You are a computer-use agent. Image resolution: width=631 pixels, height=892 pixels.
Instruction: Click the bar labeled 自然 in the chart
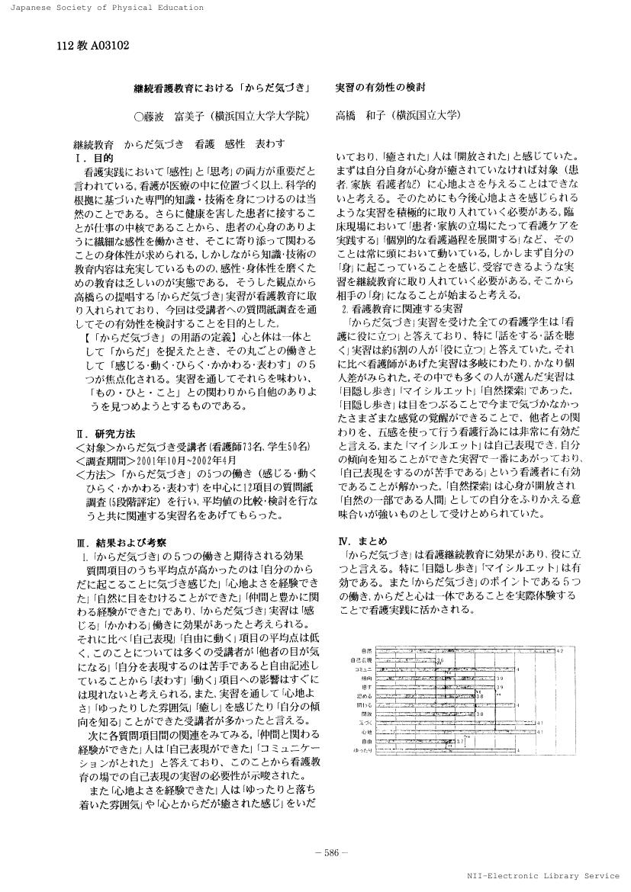(x=465, y=650)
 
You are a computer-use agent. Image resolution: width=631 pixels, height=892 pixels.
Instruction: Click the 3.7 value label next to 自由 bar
(x=460, y=741)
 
